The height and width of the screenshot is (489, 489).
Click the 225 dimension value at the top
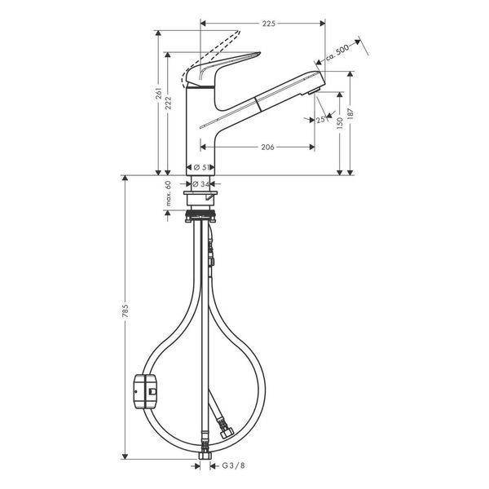pos(268,24)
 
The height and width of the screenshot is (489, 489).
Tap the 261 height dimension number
pos(159,94)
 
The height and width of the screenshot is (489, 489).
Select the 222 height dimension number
pos(168,103)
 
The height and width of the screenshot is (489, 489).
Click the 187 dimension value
pos(350,115)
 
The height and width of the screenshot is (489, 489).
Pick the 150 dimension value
pos(340,122)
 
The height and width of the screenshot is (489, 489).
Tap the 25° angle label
pos(321,120)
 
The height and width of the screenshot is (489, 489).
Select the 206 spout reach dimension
pos(267,147)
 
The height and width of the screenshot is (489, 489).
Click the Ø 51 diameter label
pos(201,167)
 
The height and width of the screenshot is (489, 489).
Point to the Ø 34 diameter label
pos(201,184)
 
